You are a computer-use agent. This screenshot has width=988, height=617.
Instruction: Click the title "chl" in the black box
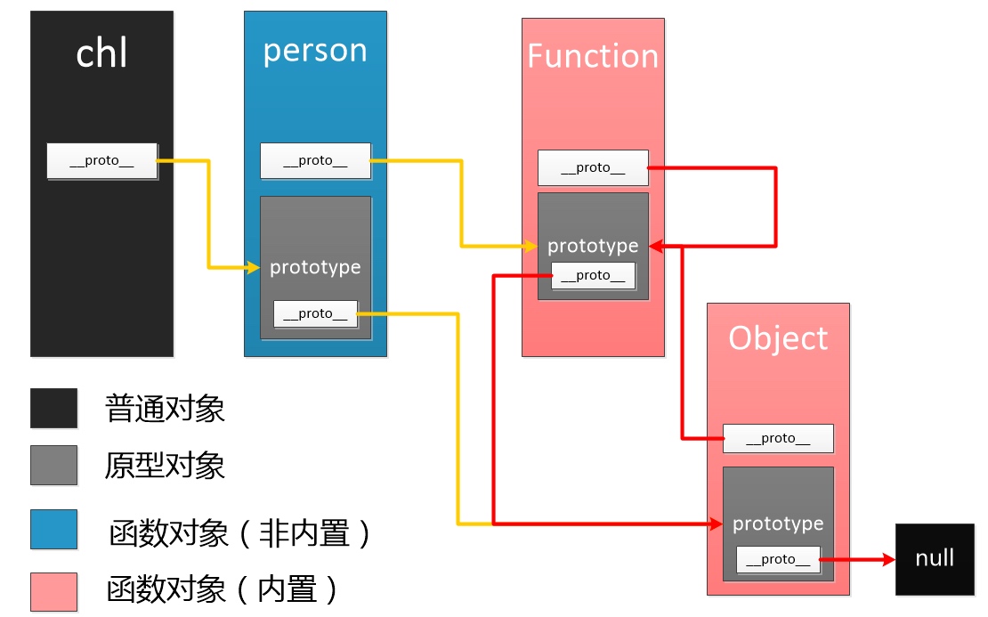pyautogui.click(x=101, y=54)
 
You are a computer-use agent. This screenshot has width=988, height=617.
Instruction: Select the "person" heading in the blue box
pyautogui.click(x=315, y=51)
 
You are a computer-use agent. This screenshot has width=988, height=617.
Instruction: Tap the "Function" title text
pyautogui.click(x=593, y=56)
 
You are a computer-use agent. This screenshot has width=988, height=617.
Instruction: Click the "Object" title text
pyautogui.click(x=778, y=338)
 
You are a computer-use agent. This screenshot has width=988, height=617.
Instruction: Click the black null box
pyautogui.click(x=935, y=559)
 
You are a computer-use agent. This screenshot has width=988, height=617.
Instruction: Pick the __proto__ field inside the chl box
pyautogui.click(x=101, y=161)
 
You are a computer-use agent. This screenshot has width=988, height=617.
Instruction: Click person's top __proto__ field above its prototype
pyautogui.click(x=315, y=161)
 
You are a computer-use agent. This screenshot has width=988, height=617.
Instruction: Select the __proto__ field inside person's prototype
pyautogui.click(x=315, y=313)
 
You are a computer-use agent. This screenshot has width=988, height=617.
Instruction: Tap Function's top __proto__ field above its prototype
pyautogui.click(x=593, y=167)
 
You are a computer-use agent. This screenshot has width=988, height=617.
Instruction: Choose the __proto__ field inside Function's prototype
pyautogui.click(x=593, y=275)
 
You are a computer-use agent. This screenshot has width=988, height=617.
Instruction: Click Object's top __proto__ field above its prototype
pyautogui.click(x=778, y=438)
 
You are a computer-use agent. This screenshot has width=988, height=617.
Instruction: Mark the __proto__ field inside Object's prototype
pyautogui.click(x=778, y=559)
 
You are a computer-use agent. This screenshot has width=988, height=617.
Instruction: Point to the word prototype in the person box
pyautogui.click(x=315, y=267)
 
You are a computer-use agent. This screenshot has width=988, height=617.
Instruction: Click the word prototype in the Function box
pyautogui.click(x=593, y=246)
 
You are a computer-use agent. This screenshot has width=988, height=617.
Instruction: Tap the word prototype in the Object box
pyautogui.click(x=778, y=524)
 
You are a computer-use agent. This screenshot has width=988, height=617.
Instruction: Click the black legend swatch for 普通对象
pyautogui.click(x=53, y=409)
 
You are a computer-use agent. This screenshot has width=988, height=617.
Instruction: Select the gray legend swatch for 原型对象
pyautogui.click(x=53, y=466)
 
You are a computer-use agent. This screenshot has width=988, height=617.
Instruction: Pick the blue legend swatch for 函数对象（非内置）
pyautogui.click(x=53, y=530)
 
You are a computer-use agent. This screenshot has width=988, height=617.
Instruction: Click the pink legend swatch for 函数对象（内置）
pyautogui.click(x=53, y=591)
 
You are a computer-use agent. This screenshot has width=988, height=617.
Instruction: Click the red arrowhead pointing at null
pyautogui.click(x=887, y=559)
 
